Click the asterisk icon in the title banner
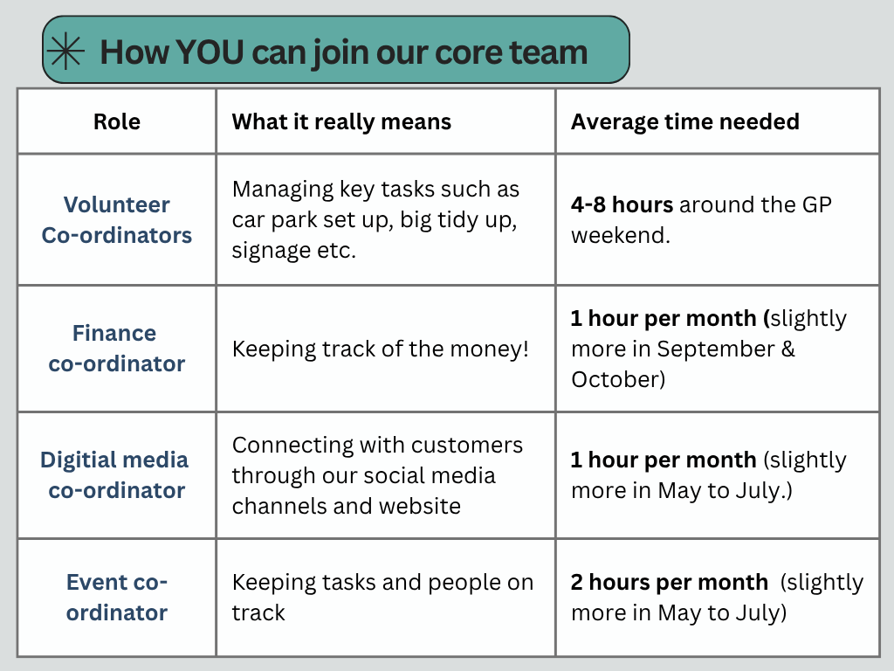point(66,52)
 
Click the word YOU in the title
point(210,52)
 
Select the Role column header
point(117,121)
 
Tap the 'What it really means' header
point(341,122)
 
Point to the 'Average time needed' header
point(685,121)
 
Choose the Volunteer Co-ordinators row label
point(117,219)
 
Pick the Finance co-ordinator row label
point(117,348)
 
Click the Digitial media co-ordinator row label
point(114,474)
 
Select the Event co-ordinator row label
point(117,597)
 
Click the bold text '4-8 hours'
point(622,204)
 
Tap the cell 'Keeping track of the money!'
point(381,349)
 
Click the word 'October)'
point(618,379)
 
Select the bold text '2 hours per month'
point(670,582)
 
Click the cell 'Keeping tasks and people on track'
point(382,597)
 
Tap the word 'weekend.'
point(621,235)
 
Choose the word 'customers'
point(468,445)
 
